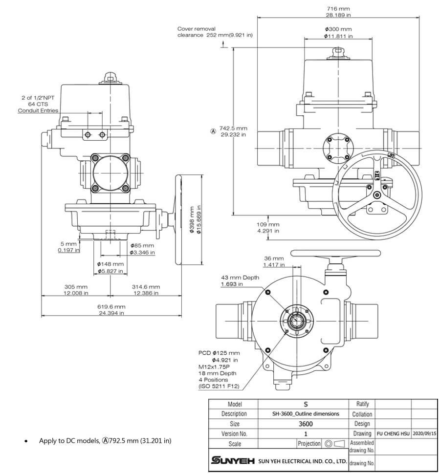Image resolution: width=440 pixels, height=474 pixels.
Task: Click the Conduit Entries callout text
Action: click(x=38, y=110)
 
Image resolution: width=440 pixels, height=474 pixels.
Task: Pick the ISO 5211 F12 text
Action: click(x=220, y=386)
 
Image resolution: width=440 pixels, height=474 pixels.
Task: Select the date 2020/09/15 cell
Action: click(x=424, y=433)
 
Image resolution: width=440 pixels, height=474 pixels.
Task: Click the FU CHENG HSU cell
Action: click(x=393, y=433)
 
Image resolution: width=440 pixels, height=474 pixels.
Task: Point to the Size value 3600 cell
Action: click(x=306, y=424)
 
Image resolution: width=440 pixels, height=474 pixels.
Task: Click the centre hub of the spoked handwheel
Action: click(x=376, y=195)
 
